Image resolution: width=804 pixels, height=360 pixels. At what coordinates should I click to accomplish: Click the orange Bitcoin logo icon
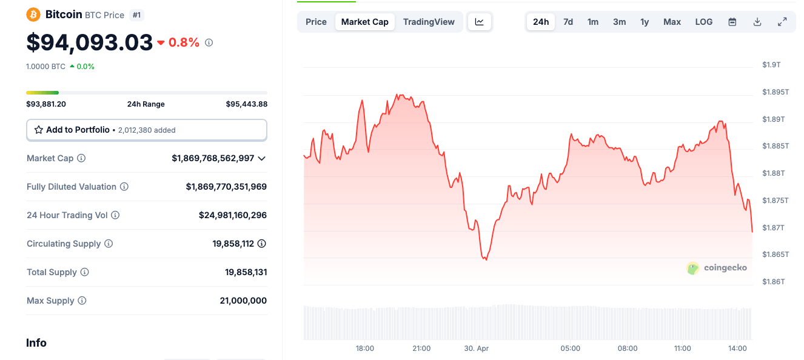33,15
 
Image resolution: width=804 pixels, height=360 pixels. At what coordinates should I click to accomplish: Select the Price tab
316,22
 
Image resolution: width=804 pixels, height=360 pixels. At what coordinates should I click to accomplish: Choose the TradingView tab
429,22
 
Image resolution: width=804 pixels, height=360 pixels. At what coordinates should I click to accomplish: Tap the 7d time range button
568,22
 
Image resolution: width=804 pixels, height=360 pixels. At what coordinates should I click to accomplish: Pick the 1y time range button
645,22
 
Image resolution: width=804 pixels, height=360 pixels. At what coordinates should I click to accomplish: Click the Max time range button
672,22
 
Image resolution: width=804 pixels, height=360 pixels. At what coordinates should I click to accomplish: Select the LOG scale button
703,22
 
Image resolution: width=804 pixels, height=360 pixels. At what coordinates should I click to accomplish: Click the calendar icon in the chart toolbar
732,22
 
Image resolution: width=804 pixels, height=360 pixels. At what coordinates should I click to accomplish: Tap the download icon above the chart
757,22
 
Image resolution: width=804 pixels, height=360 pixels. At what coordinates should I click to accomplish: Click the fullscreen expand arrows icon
782,22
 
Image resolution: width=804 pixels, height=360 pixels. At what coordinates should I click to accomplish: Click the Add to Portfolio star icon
39,130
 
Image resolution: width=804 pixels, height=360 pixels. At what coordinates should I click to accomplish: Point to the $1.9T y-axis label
771,65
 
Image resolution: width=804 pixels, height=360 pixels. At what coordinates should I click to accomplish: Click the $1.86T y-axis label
773,282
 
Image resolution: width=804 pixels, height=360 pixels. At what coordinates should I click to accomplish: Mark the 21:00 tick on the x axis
421,348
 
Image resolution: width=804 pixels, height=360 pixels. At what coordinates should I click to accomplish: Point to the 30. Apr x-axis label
476,348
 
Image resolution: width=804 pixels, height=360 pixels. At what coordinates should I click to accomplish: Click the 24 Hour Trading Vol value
232,215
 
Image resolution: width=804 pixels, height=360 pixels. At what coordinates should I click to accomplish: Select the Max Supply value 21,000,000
243,301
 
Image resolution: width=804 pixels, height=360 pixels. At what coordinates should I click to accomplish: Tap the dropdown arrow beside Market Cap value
262,158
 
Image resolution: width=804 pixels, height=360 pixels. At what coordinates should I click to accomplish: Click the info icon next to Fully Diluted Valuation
124,187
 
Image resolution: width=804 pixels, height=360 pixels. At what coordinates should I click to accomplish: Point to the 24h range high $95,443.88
246,104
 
